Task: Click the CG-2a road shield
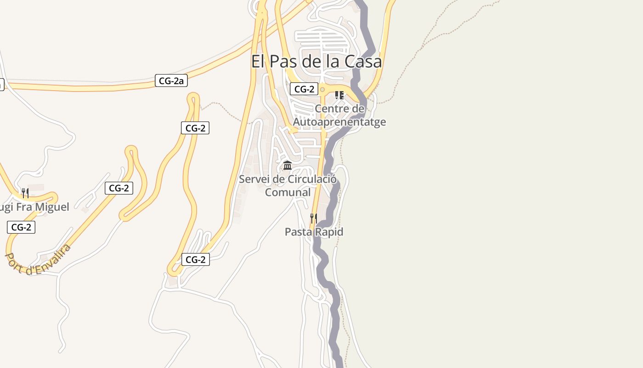[x=171, y=81]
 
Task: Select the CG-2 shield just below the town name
[x=304, y=89]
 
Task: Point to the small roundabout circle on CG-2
[x=322, y=89]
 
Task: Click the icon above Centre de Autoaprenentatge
[x=339, y=95]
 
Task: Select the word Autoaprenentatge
[x=339, y=122]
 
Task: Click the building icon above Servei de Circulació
[x=288, y=165]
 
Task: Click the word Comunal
[x=288, y=192]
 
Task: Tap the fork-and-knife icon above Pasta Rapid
[x=314, y=218]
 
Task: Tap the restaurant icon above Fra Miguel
[x=25, y=193]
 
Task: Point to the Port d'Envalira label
[x=39, y=260]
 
